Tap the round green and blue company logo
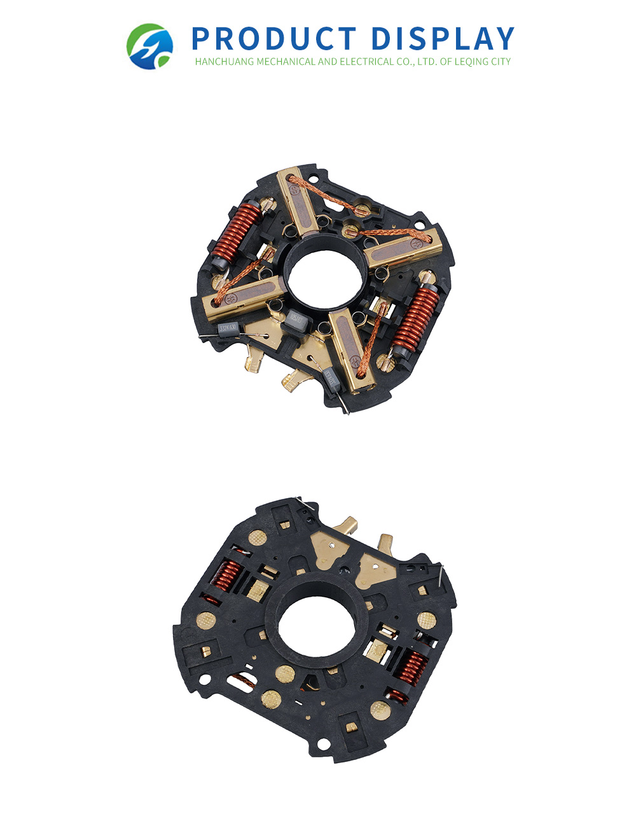click(149, 46)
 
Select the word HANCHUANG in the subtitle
click(225, 62)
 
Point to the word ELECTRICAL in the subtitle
click(373, 62)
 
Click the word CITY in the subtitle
click(499, 62)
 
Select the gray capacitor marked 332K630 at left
click(227, 329)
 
